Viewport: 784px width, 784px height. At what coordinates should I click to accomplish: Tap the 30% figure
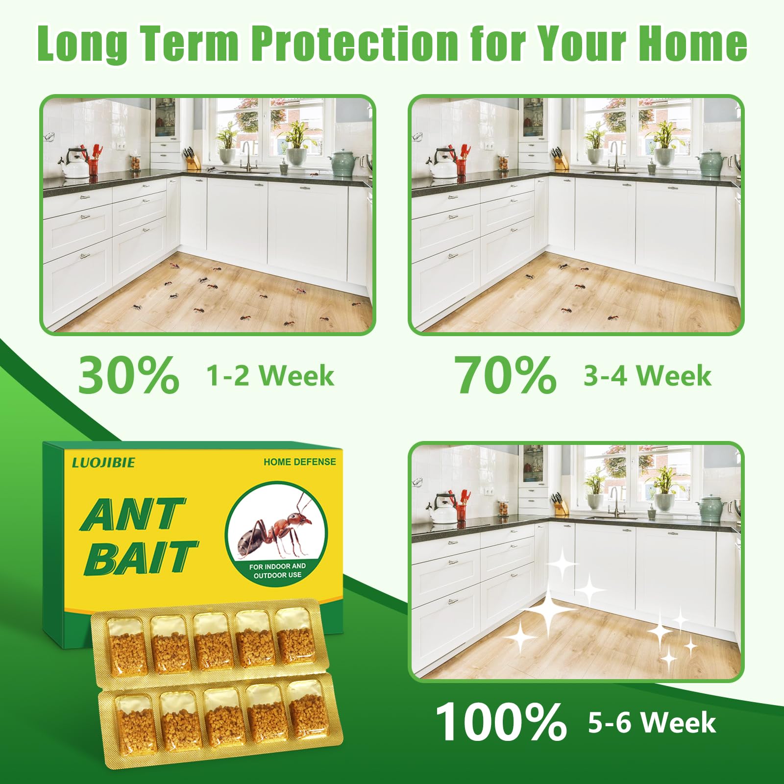(x=128, y=376)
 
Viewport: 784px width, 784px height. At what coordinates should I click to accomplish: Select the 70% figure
(x=505, y=376)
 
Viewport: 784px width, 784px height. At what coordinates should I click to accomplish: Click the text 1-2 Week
(x=270, y=376)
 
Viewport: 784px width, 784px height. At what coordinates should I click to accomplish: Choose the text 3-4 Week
(x=647, y=376)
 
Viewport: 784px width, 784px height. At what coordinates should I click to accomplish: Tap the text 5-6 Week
(x=652, y=723)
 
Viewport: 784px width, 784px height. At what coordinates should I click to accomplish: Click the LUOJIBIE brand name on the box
(x=103, y=463)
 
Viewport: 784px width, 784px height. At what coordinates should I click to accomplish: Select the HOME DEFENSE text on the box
(x=299, y=462)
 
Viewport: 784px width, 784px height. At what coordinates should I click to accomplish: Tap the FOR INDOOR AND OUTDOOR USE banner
(x=277, y=570)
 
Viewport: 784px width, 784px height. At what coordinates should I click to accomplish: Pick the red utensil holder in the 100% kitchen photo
(x=462, y=512)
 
